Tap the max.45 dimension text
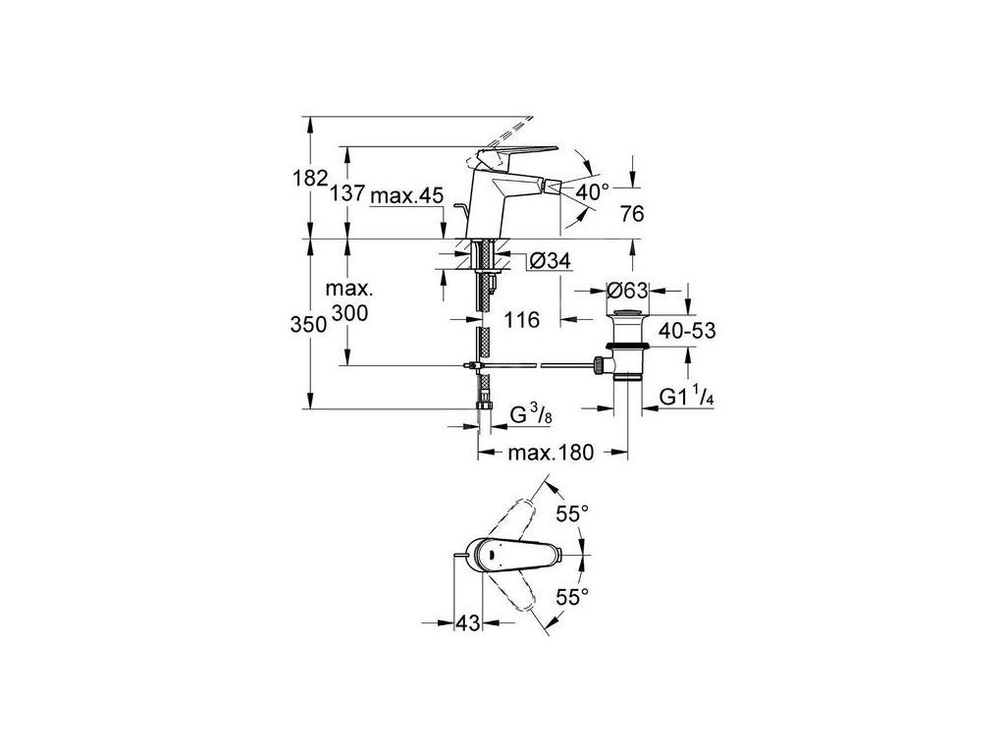click(x=407, y=195)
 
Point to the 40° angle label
click(x=592, y=192)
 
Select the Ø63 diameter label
click(x=628, y=291)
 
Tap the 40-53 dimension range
click(x=687, y=330)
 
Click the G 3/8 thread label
click(x=532, y=415)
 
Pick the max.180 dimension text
click(x=551, y=453)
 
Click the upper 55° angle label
click(x=572, y=512)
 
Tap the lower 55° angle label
click(x=572, y=595)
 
